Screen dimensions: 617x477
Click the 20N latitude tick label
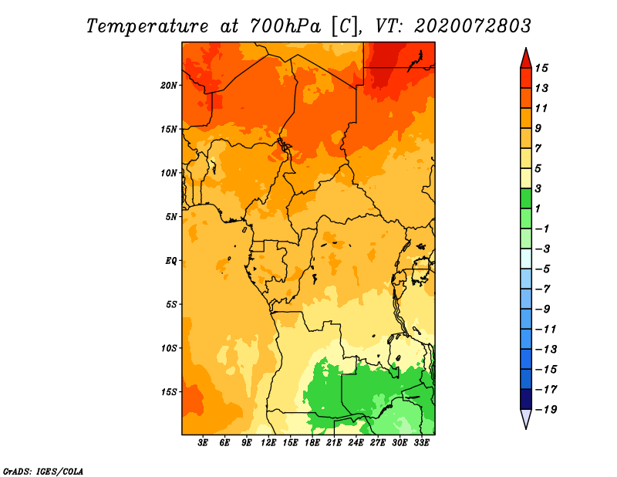click(x=169, y=86)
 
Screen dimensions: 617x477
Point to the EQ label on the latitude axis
click(x=171, y=261)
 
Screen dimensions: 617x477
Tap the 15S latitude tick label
click(x=169, y=392)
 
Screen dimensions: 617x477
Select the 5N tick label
click(x=171, y=217)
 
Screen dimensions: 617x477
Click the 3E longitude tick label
click(x=203, y=443)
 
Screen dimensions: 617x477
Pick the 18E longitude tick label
click(x=312, y=443)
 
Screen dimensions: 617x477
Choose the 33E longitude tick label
click(x=421, y=443)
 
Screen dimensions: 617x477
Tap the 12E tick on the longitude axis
click(x=268, y=443)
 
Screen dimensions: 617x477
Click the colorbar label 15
click(x=541, y=68)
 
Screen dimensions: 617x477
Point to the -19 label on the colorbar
click(x=546, y=410)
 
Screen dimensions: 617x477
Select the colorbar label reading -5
click(x=543, y=269)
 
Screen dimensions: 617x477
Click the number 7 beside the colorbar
click(x=538, y=148)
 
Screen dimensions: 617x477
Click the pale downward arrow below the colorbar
click(x=526, y=418)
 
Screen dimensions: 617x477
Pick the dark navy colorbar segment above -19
click(x=526, y=399)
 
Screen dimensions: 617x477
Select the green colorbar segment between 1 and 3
click(x=526, y=198)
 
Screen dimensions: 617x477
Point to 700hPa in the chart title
click(x=285, y=26)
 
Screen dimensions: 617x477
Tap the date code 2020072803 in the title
click(x=473, y=26)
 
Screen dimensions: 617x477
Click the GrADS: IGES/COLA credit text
click(x=43, y=472)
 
